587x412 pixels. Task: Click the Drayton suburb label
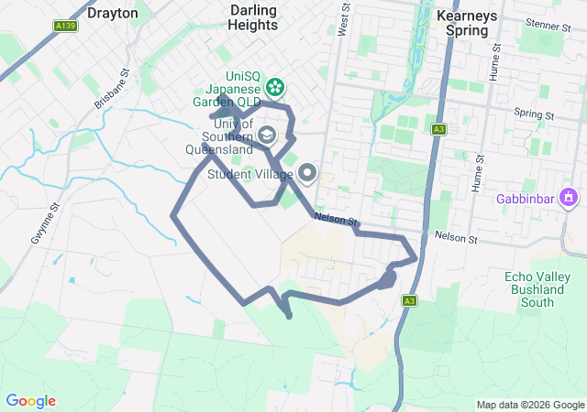click(113, 14)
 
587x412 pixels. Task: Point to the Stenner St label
click(549, 25)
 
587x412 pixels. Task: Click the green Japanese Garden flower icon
click(273, 88)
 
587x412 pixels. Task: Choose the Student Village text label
click(250, 174)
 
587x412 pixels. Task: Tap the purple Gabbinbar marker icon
click(569, 197)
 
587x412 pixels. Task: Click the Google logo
click(30, 401)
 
